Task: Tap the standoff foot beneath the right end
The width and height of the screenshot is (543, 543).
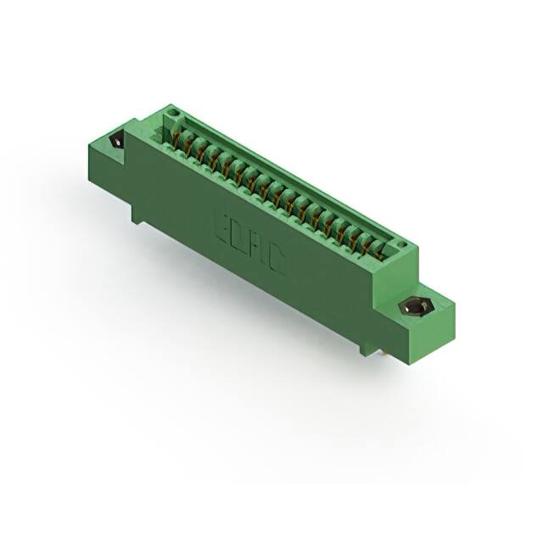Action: click(367, 347)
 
